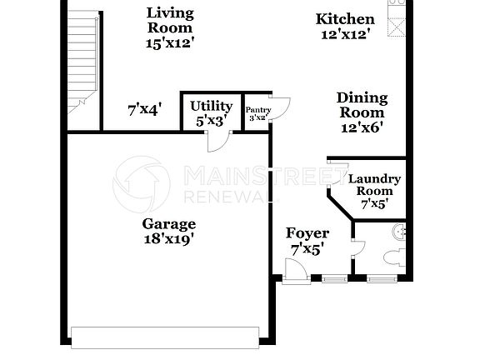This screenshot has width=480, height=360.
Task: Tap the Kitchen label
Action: click(x=345, y=19)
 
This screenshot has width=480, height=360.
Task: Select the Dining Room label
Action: click(x=362, y=106)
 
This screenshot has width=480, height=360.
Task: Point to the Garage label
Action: click(x=168, y=223)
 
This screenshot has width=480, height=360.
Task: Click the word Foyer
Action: click(x=307, y=233)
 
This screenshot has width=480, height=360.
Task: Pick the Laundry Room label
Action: click(x=374, y=184)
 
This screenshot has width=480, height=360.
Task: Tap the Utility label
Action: click(x=211, y=106)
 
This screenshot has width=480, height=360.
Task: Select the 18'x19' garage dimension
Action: click(x=168, y=239)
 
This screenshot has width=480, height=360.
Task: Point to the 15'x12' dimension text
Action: click(x=170, y=42)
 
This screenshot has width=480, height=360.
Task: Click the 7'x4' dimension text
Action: click(x=144, y=108)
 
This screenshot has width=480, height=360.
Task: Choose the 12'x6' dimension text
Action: click(x=362, y=127)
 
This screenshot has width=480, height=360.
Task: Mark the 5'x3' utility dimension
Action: click(x=211, y=121)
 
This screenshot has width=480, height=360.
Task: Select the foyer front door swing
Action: click(x=294, y=272)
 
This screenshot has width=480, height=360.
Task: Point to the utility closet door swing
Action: click(x=217, y=142)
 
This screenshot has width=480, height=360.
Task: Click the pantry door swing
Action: click(x=281, y=109)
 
